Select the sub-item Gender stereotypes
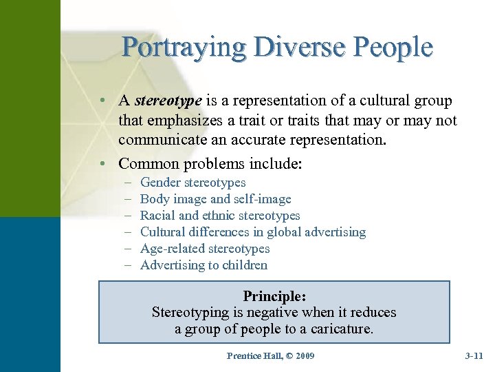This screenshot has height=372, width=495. (x=192, y=183)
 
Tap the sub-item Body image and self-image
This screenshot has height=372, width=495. (x=215, y=199)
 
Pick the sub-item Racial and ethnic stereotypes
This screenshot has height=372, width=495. (x=220, y=216)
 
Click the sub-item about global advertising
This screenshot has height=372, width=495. (x=253, y=232)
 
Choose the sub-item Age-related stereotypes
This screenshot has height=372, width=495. (x=205, y=249)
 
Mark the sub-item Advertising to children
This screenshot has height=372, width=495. (x=203, y=265)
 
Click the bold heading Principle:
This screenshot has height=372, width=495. (x=274, y=296)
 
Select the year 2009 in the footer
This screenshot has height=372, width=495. (x=302, y=355)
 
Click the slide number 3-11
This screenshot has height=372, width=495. (x=474, y=355)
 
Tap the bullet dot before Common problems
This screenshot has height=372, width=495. (x=101, y=164)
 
